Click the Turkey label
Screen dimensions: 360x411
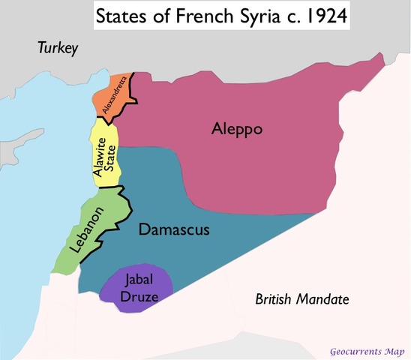58,49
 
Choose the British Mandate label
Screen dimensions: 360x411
301,299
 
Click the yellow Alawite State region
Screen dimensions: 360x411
105,154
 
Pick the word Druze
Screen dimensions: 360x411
140,295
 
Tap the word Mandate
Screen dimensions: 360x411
323,299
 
